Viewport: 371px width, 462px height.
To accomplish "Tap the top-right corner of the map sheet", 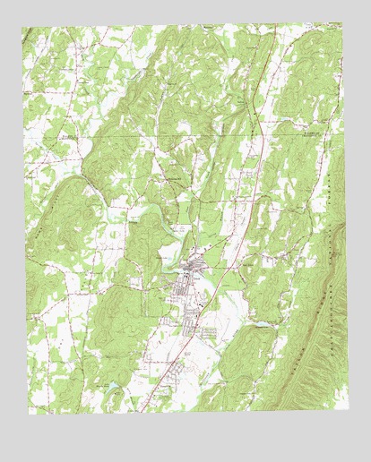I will point(343,22).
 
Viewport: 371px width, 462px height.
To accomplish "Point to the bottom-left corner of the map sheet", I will point(29,415).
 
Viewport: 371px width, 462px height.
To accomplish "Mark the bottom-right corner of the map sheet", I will point(349,410).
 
